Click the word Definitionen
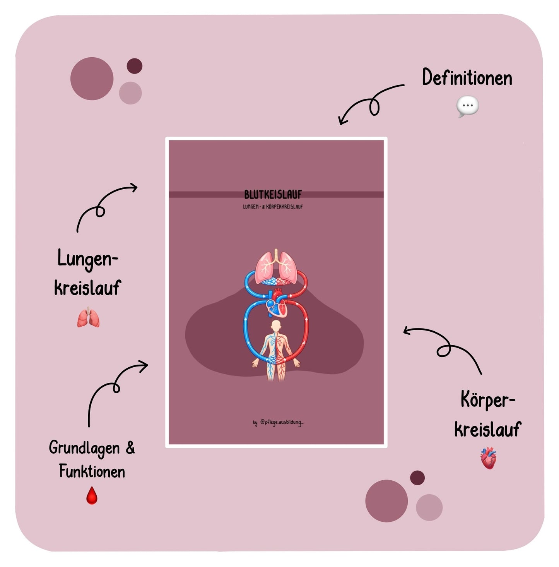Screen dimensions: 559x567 coord(467,78)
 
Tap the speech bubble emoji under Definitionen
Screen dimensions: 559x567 coord(467,106)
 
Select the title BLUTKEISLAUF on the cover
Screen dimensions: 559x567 coord(273,195)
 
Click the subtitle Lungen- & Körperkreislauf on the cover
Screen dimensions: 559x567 coord(273,207)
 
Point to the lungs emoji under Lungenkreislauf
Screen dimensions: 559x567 coord(88,317)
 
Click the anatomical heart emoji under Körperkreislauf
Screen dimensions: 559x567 coord(488,458)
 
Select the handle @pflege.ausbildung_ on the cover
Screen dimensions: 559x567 coord(282,423)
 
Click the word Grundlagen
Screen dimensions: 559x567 coord(84,448)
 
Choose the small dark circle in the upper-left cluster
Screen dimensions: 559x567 coord(135,66)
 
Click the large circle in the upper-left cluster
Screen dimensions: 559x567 coord(92,79)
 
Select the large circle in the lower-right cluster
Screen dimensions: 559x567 coord(386,501)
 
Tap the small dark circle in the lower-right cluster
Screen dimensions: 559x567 coord(417,478)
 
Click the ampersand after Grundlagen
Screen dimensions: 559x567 coord(130,447)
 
